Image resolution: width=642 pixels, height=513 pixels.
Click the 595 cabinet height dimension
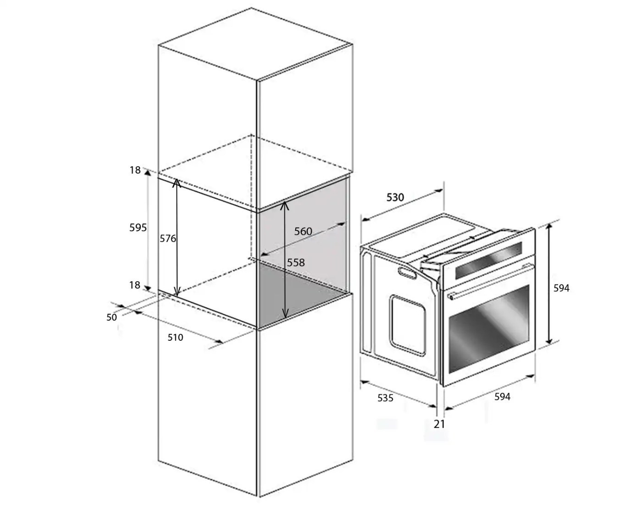138,228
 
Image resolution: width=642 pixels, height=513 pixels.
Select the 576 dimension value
168,239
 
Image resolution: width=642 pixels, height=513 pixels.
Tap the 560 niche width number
303,231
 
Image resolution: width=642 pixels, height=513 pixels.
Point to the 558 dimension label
296,262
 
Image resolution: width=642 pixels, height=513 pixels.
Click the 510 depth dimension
175,337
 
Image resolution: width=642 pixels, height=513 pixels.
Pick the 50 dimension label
111,317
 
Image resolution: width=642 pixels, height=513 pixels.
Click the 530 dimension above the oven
395,197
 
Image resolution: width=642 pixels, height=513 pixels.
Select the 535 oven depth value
386,398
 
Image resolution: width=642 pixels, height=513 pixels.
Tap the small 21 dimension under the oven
439,424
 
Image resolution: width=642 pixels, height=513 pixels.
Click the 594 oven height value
561,288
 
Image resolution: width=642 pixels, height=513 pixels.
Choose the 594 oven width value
503,397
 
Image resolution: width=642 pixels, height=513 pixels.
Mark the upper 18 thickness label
135,170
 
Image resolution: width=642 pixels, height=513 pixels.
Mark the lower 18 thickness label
135,285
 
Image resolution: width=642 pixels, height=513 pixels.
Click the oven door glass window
489,329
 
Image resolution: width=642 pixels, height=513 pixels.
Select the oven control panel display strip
488,260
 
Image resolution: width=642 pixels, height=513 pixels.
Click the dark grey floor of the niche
301,295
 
